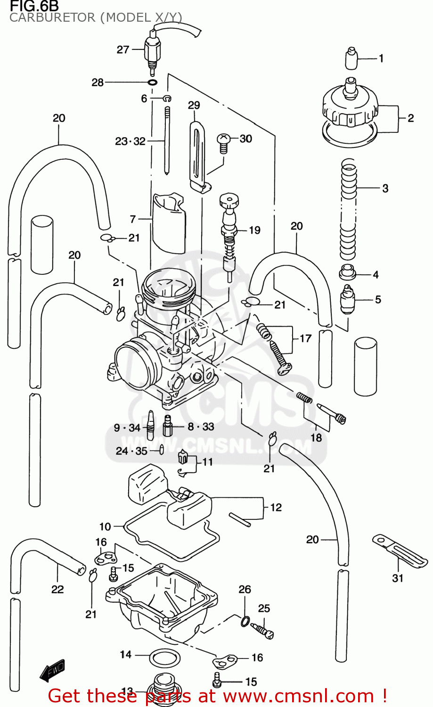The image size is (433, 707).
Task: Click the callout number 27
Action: coord(123,49)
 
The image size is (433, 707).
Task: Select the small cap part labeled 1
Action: coord(351,58)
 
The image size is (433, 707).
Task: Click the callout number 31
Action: coord(398,578)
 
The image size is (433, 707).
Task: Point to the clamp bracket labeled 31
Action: coord(400,550)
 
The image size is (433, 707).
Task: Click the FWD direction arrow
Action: coord(52,670)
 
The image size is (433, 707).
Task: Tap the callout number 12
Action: coord(276,507)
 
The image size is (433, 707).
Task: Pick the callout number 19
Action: coord(254,230)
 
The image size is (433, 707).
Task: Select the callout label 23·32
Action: coord(130,141)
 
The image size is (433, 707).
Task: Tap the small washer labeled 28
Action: coord(152,82)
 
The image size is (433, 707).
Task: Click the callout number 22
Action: coord(57,589)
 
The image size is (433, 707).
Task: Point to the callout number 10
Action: coord(105,526)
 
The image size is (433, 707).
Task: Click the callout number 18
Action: coord(316,437)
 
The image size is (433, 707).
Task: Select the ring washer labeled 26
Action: coord(245,621)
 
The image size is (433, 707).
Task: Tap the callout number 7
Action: coord(133,219)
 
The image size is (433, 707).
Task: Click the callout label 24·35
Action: coord(131,451)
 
